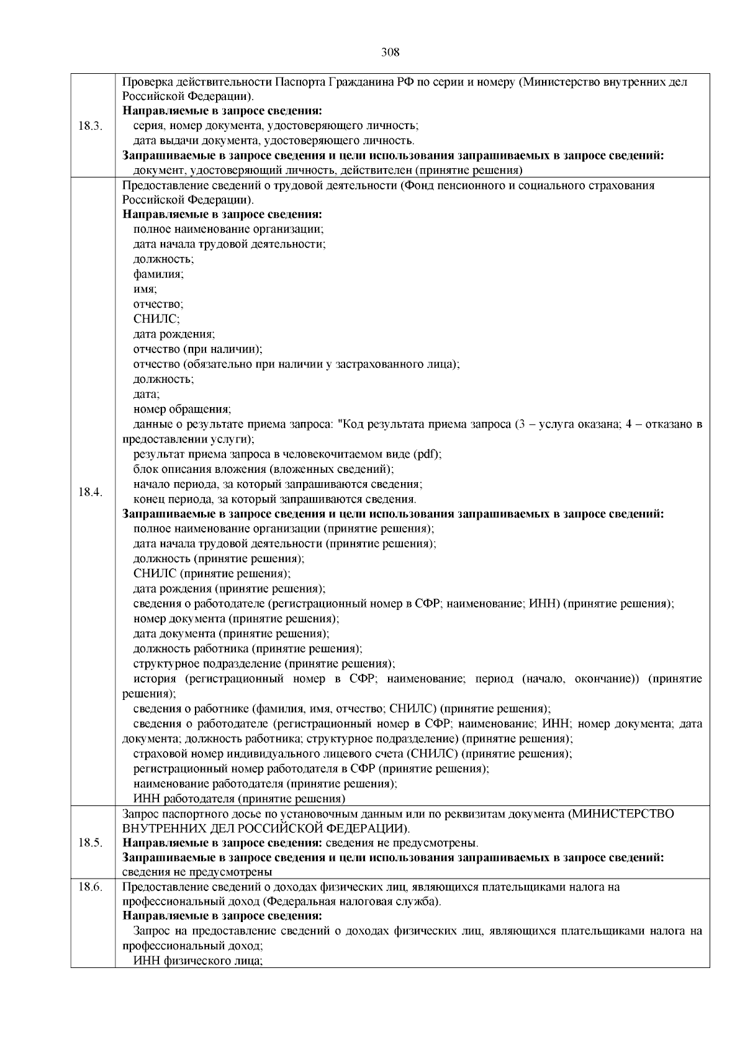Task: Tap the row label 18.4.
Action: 91,492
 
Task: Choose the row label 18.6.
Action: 91,887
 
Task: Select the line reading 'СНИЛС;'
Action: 156,319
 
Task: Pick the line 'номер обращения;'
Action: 183,409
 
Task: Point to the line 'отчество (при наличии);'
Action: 198,349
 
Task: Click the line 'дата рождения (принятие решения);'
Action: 229,588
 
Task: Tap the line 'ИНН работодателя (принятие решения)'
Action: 240,799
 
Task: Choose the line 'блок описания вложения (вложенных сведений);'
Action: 264,469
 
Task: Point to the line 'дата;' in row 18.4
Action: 147,394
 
